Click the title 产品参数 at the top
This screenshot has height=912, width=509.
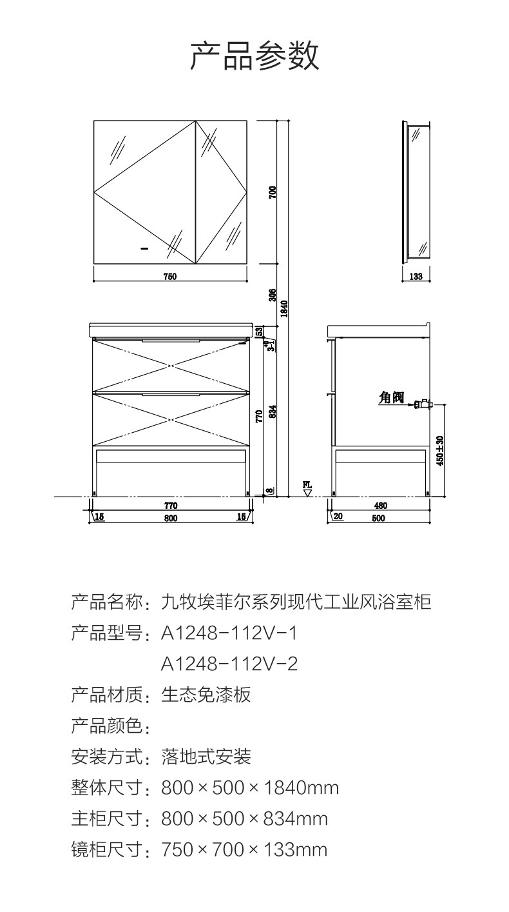254,56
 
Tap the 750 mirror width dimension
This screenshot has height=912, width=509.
169,277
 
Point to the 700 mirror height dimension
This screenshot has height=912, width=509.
273,192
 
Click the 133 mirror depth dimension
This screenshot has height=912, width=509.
416,277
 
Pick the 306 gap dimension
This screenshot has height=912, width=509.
273,295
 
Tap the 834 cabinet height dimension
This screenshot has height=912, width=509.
273,411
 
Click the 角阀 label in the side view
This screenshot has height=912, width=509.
391,398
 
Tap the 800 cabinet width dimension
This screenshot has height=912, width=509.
170,517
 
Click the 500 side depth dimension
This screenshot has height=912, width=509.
378,517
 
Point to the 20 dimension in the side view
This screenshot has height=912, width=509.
339,517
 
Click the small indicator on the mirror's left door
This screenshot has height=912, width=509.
144,247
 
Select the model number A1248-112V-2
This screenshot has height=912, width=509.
229,664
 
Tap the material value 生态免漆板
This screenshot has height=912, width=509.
206,695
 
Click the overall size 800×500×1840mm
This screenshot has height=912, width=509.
250,788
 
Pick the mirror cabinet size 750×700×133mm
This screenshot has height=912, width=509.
244,849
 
